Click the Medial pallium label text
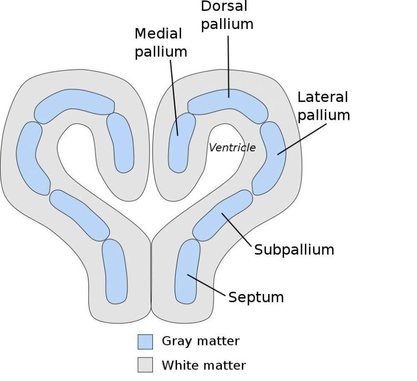click(x=161, y=43)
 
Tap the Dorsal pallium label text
click(x=227, y=16)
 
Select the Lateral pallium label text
click(x=323, y=106)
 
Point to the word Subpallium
click(x=294, y=250)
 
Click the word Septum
click(x=256, y=297)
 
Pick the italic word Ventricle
click(x=232, y=148)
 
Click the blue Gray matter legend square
click(x=145, y=342)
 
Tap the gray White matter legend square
click(x=145, y=365)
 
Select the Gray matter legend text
click(x=200, y=342)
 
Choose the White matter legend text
click(x=203, y=365)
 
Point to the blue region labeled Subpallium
click(x=223, y=215)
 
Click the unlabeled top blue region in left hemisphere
click(x=74, y=104)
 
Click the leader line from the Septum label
click(x=208, y=286)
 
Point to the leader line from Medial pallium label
click(x=174, y=97)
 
